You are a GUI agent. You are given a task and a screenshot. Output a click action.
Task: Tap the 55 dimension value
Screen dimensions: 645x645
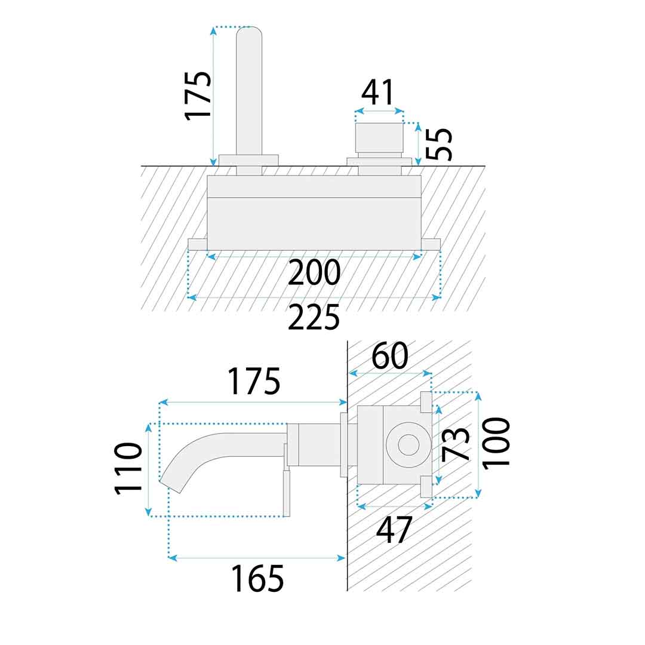[438, 143]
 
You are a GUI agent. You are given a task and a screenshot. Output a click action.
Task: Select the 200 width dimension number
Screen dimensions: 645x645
[314, 272]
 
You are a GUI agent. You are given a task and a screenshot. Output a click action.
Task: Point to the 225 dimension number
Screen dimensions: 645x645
[314, 317]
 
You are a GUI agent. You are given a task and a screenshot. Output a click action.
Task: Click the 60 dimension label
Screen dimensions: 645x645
[390, 356]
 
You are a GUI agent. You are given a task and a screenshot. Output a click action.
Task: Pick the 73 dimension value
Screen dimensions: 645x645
[455, 444]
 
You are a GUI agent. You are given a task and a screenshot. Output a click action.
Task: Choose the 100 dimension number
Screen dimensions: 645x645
[496, 443]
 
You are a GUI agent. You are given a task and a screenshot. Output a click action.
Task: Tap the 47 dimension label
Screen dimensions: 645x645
[394, 530]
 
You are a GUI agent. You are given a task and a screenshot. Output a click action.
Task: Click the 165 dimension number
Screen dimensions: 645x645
[257, 578]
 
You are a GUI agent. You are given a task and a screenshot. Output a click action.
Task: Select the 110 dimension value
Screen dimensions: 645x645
[128, 468]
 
